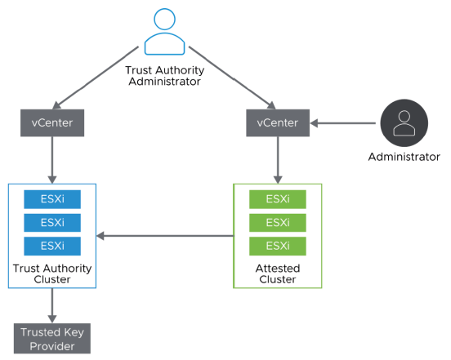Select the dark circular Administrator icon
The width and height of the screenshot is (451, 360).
click(x=403, y=123)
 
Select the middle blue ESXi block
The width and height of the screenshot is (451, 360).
click(x=52, y=223)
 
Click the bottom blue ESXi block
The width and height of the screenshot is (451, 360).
click(x=52, y=246)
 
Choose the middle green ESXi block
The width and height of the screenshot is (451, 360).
click(x=278, y=223)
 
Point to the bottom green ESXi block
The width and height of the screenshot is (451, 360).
click(x=278, y=246)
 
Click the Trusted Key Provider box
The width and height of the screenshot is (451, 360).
click(x=52, y=337)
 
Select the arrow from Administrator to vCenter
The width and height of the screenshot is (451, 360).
click(x=343, y=123)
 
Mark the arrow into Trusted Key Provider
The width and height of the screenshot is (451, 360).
click(x=53, y=305)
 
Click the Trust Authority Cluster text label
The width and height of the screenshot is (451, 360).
click(x=52, y=273)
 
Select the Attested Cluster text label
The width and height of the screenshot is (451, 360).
click(x=278, y=273)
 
